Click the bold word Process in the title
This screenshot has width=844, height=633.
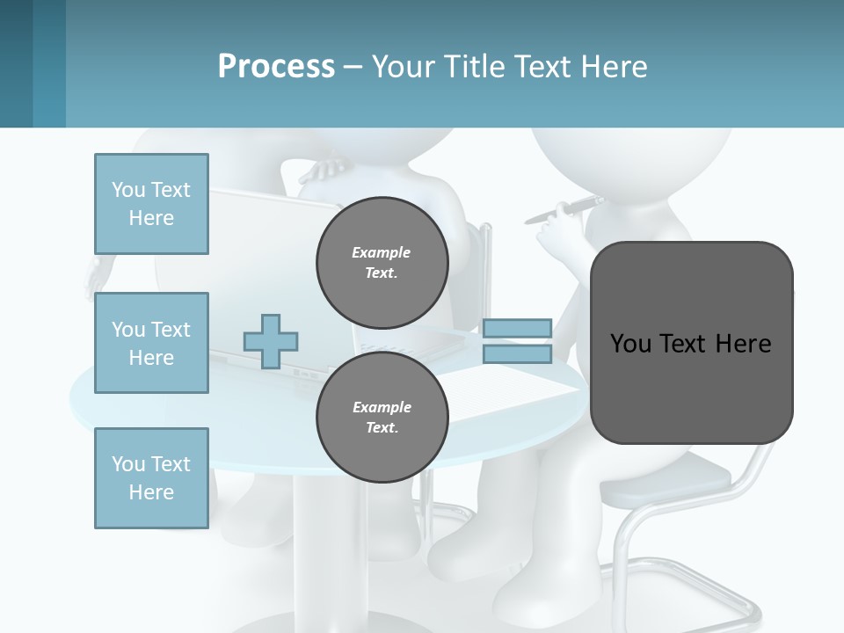[276, 67]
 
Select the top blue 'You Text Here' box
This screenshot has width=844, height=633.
[151, 204]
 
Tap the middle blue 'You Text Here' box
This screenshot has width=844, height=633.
[151, 343]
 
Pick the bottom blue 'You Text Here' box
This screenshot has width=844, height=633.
[151, 478]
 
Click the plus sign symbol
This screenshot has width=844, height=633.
[271, 342]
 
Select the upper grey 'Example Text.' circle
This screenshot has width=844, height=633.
[382, 263]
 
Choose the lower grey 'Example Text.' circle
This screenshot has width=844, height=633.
[382, 418]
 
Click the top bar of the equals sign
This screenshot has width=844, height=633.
[517, 328]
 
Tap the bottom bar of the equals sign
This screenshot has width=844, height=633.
[517, 354]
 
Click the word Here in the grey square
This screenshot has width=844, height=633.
[743, 344]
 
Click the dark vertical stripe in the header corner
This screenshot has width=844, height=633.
[16, 63]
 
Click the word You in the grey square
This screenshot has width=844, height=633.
[630, 344]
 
